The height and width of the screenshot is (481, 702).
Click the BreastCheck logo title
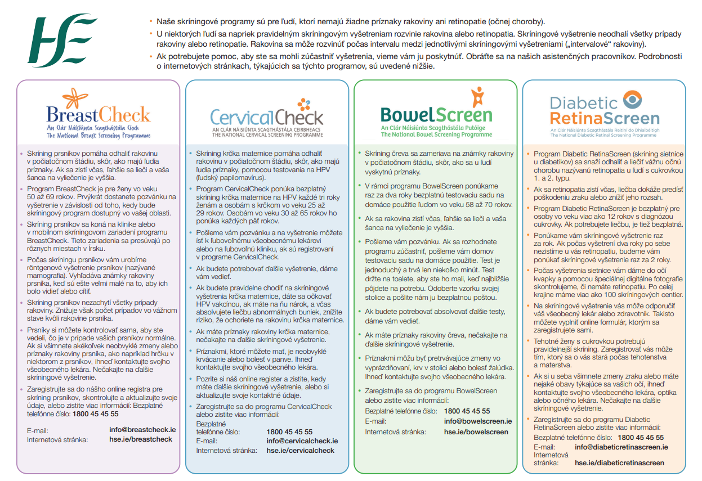pos(99,115)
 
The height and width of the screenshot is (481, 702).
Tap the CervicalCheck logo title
pos(266,116)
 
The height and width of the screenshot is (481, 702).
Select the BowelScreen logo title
pos(436,115)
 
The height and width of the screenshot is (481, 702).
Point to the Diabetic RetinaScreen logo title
pos(604,111)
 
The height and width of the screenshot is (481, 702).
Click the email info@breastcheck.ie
pos(142,429)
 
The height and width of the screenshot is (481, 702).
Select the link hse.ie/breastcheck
pos(141,439)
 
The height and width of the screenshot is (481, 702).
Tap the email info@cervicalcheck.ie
pos(302,441)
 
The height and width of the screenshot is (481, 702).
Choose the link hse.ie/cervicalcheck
pos(301,451)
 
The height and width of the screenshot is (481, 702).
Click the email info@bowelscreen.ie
pos(478,421)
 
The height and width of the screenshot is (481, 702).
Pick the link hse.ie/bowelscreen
pos(476,432)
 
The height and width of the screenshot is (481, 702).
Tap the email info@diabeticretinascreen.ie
pos(621,447)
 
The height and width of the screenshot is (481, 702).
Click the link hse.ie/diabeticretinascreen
pos(620,463)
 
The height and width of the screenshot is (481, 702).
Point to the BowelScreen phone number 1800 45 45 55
pos(467,411)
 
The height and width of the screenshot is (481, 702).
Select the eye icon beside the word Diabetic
pos(634,101)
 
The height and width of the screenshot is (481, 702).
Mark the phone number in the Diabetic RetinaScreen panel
pos(641,437)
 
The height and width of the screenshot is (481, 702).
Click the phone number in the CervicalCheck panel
pos(289,431)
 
